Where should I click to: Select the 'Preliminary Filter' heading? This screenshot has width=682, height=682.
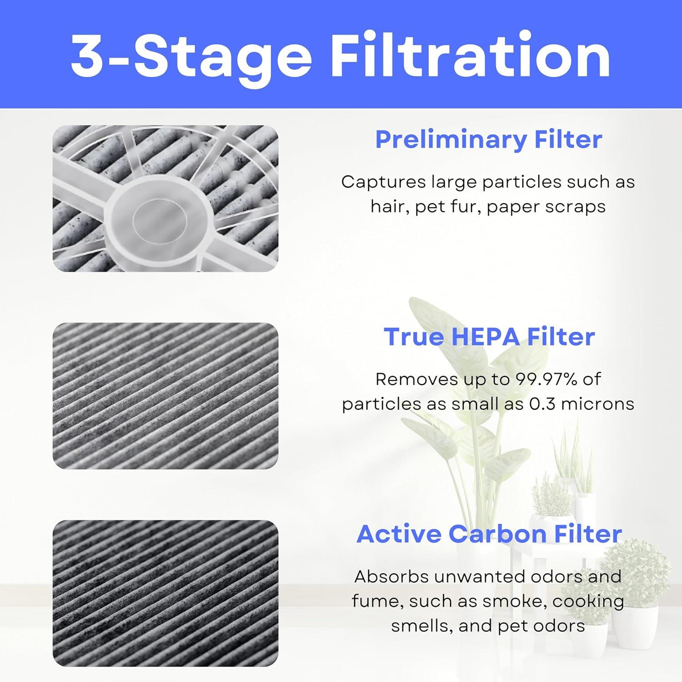(488, 139)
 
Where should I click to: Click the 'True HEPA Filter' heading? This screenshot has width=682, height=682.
(489, 337)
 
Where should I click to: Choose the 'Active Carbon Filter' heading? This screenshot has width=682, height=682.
(489, 534)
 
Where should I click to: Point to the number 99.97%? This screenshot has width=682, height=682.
(545, 379)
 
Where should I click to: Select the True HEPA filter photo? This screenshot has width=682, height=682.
(165, 396)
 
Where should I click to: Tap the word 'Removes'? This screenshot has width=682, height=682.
(404, 379)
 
